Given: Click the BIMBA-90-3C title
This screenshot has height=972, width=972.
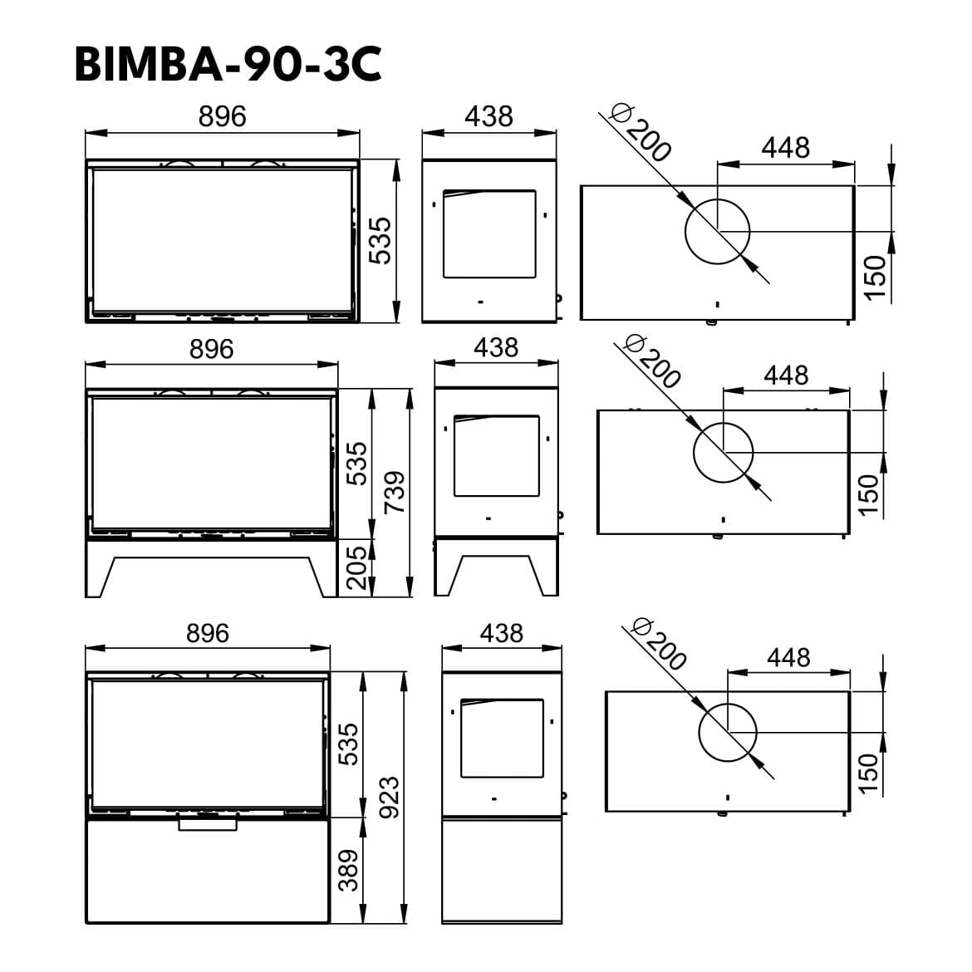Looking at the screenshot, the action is tap(228, 65).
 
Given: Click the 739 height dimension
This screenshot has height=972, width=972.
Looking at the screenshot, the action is tap(395, 492).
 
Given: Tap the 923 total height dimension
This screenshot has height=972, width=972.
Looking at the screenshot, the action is tap(390, 798).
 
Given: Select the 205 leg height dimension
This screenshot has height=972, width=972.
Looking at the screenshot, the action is tap(356, 567).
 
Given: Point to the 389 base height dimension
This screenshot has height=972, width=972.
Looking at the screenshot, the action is tap(348, 870).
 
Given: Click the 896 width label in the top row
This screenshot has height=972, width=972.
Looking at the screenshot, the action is tap(223, 116).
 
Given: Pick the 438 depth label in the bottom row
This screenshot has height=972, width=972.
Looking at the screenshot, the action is tap(502, 633).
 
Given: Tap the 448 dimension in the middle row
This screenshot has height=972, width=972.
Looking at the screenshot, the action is tap(786, 375).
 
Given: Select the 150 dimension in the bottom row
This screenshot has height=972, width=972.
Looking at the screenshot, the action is tap(869, 773).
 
